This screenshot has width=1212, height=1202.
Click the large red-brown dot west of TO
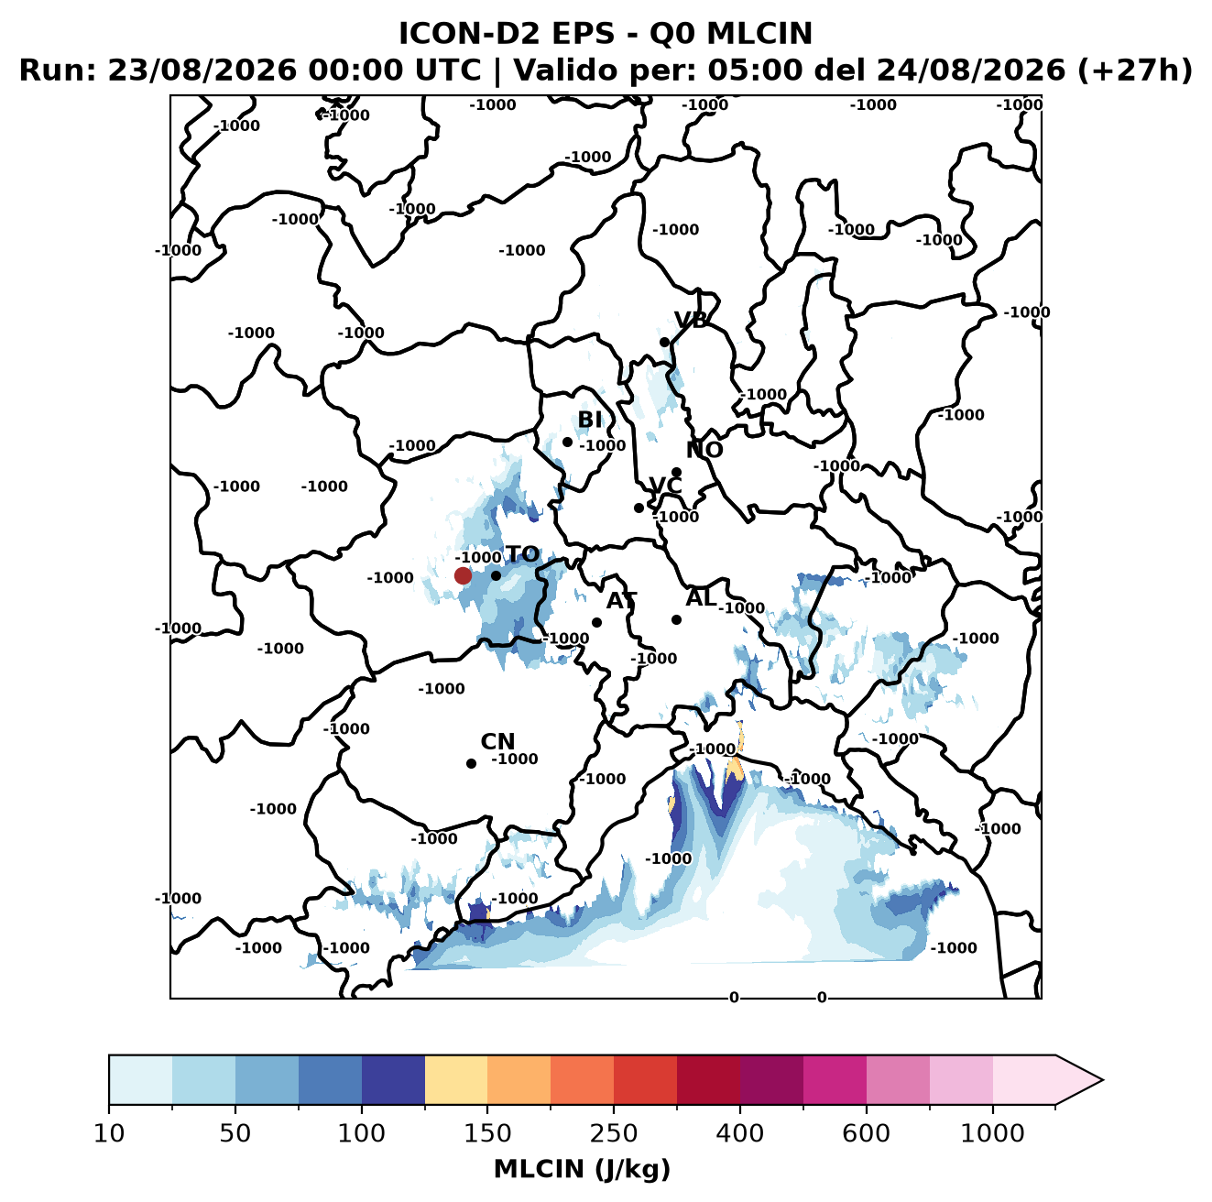click(x=463, y=575)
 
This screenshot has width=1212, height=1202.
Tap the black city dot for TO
click(x=496, y=575)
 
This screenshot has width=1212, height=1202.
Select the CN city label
click(x=497, y=741)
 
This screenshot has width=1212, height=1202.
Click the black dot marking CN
click(x=471, y=763)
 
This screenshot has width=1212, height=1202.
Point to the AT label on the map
click(x=621, y=601)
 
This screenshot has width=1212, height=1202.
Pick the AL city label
click(x=701, y=597)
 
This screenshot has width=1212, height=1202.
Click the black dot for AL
click(x=676, y=619)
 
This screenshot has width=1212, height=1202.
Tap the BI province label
click(x=589, y=420)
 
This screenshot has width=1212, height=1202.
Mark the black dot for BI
click(x=567, y=442)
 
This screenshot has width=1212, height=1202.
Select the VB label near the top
click(x=691, y=320)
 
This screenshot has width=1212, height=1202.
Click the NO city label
click(x=704, y=450)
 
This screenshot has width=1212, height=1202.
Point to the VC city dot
click(x=639, y=508)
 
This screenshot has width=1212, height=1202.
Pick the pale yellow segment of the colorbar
click(x=456, y=1080)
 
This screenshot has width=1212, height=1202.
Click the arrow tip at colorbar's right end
click(x=1102, y=1080)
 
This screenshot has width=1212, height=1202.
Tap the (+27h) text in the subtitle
click(x=1135, y=71)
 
